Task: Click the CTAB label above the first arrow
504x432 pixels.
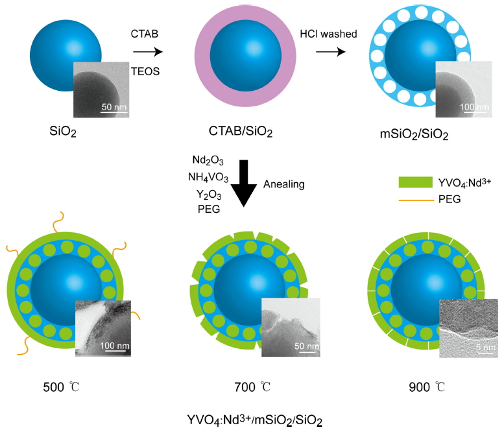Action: [144, 34]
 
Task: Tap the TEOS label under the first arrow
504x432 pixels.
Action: [145, 71]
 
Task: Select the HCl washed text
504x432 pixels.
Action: [328, 34]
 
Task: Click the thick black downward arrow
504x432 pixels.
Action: [244, 183]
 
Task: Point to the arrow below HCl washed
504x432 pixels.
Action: [330, 52]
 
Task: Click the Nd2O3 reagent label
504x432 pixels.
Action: [208, 160]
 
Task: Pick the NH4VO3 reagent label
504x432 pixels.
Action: [208, 177]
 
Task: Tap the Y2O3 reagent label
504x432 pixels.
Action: [209, 195]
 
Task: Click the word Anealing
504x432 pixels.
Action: [284, 184]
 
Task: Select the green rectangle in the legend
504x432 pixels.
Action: [415, 182]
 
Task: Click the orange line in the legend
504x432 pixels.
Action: [416, 200]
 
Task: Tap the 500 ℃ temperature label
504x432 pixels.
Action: [61, 387]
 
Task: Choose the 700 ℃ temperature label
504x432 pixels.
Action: [252, 387]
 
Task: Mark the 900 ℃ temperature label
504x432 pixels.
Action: [427, 387]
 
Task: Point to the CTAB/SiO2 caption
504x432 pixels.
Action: [241, 132]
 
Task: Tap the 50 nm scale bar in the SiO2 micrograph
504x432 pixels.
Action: [114, 112]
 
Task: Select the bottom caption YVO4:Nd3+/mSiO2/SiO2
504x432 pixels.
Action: [254, 420]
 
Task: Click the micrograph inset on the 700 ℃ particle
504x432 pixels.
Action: [291, 327]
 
